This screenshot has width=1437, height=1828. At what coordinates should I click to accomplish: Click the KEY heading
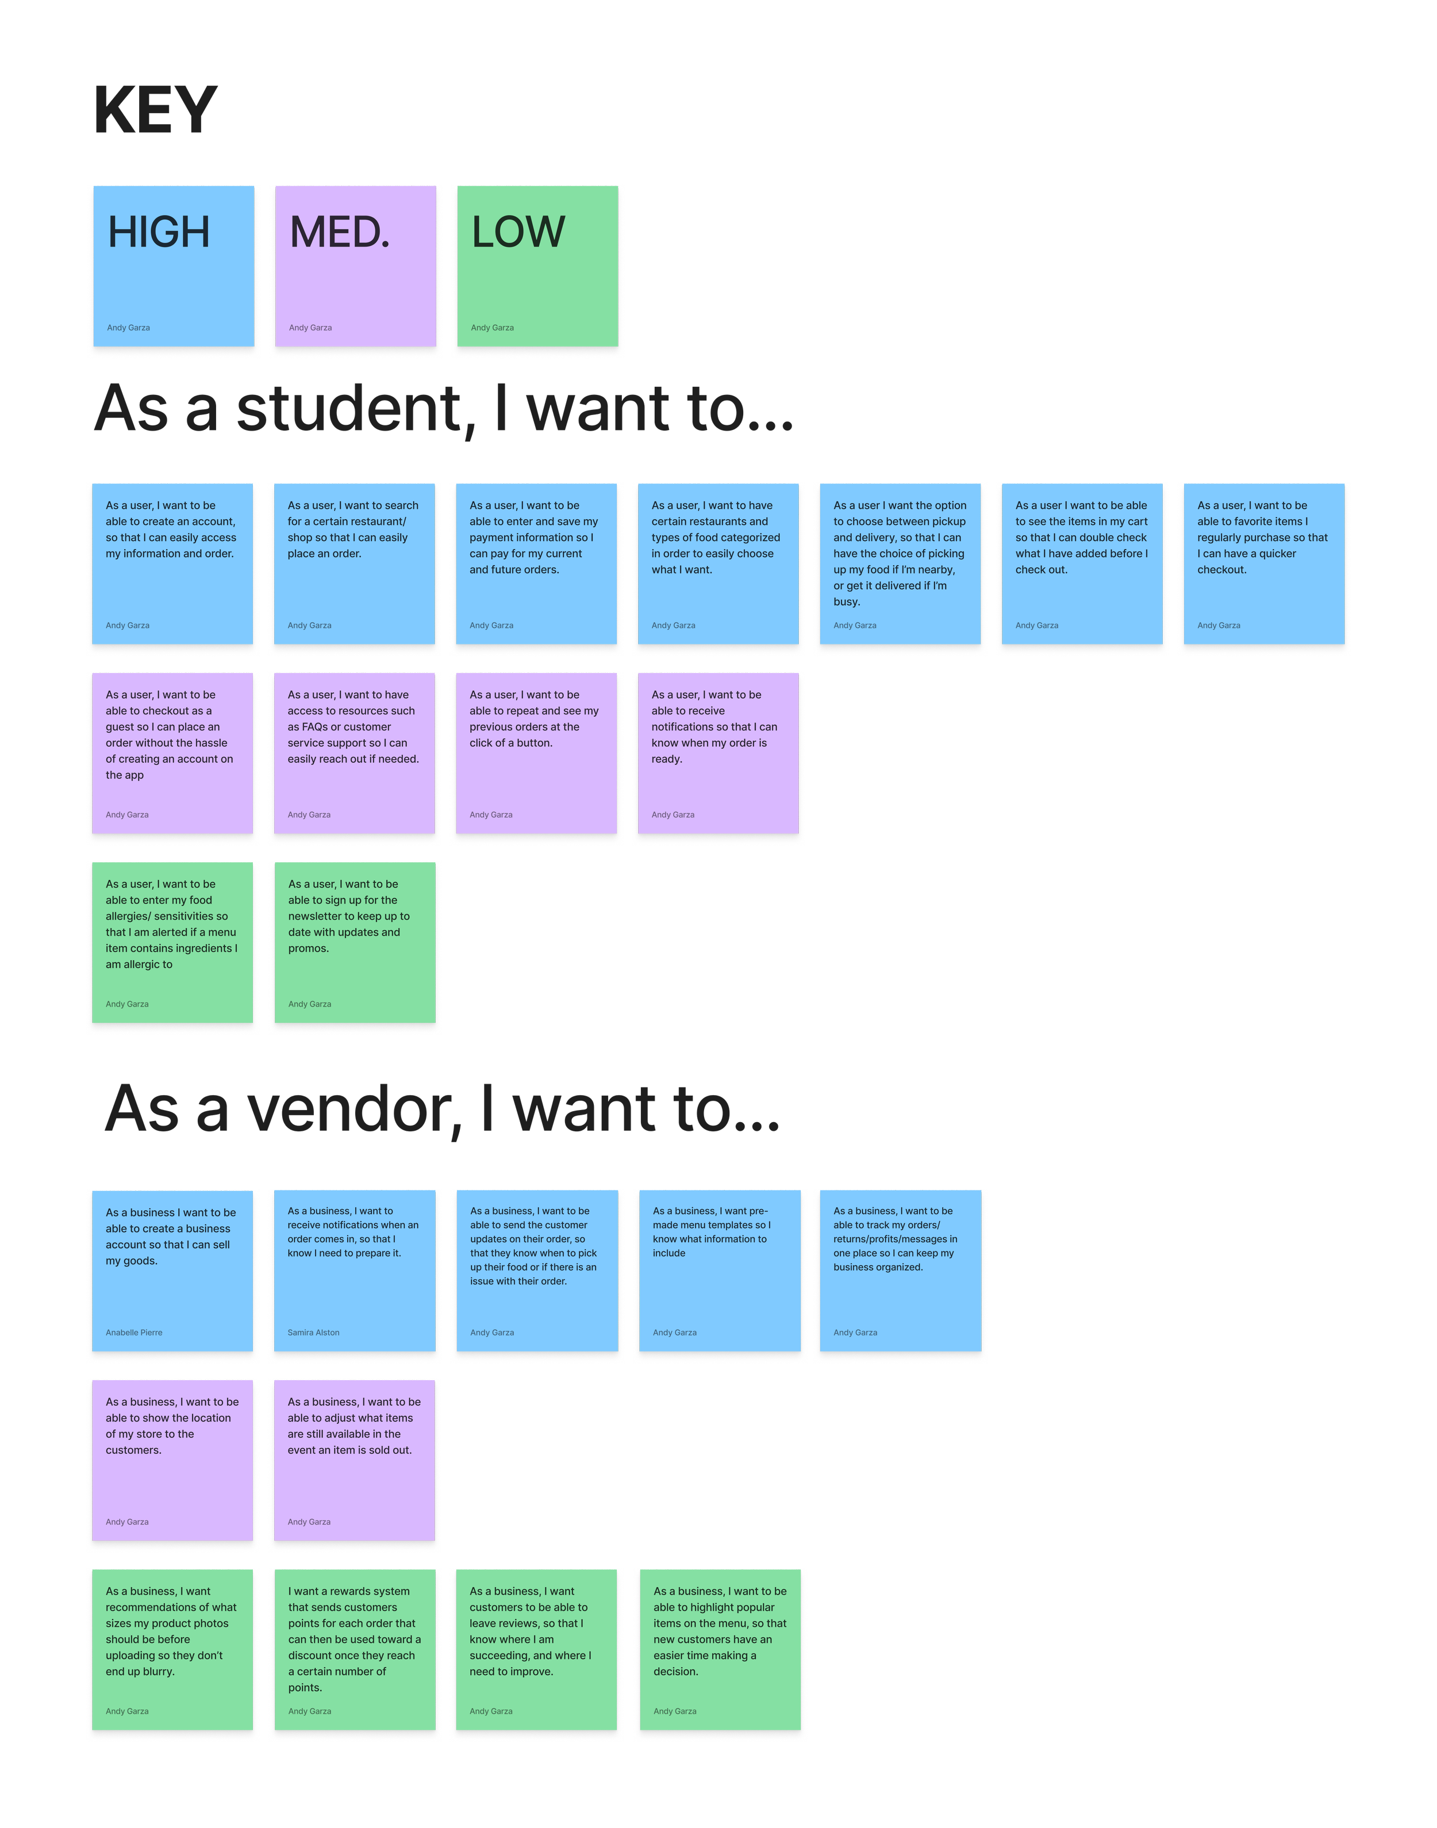coord(156,110)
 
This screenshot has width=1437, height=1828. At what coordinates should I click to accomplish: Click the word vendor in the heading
coord(354,1109)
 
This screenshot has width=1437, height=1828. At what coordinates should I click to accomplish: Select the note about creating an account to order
coord(172,563)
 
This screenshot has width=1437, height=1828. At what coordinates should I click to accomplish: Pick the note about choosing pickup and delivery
coord(900,563)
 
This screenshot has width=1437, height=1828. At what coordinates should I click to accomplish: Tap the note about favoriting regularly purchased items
coord(1263,563)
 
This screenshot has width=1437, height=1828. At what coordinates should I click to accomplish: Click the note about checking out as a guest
coord(172,753)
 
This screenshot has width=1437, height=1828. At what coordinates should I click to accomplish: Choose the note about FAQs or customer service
coord(354,753)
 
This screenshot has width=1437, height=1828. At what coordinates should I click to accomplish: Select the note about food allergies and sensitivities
coord(172,942)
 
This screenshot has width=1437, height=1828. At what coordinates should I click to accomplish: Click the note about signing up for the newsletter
coord(354,942)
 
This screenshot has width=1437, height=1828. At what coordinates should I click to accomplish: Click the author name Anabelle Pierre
coord(135,1332)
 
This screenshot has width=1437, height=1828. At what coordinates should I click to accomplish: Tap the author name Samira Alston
coord(314,1332)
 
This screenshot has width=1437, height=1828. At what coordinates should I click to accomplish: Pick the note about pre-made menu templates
coord(718,1270)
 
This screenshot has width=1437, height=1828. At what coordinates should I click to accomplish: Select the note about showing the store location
coord(172,1460)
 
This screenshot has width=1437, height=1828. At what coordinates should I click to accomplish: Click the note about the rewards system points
coord(354,1649)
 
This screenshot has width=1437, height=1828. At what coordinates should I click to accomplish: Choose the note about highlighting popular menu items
coord(719,1649)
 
